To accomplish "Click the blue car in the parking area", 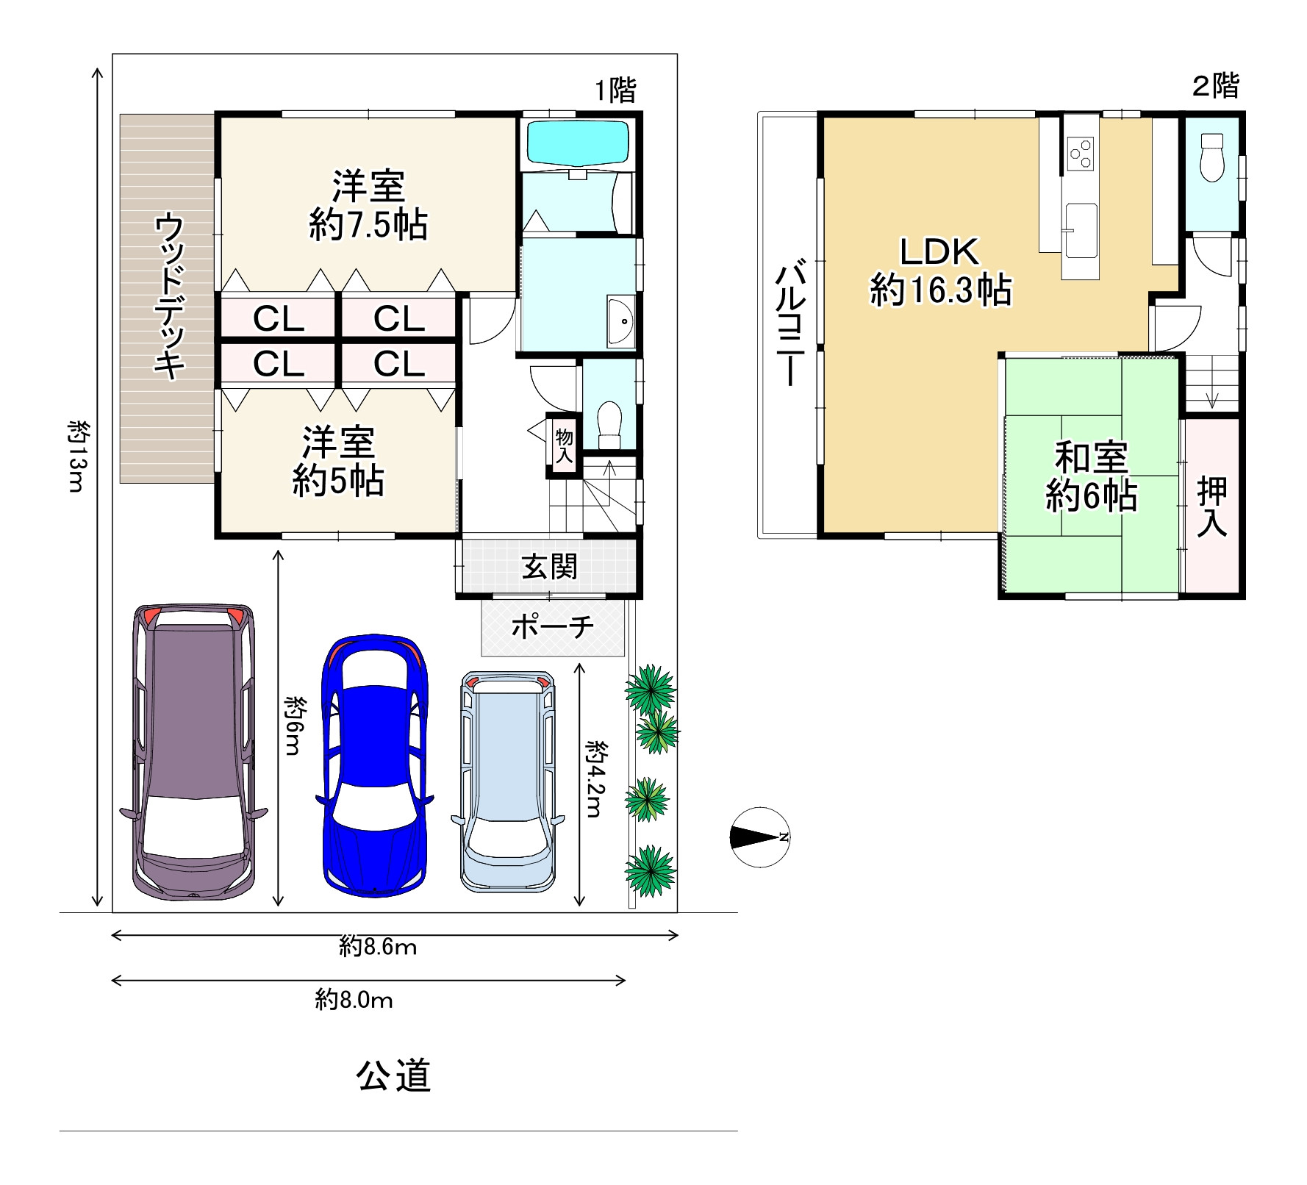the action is coord(375,765).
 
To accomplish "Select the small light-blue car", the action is coord(508,780).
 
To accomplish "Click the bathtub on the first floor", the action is coord(579,144).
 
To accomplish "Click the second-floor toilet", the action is coord(1210,157).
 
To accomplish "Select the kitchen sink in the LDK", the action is coord(1081,230).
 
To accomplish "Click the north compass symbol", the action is coord(759,837).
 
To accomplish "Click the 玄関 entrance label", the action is coord(549,567).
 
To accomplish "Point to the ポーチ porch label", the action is coord(552,627).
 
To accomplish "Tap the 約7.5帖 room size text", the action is coord(368,225).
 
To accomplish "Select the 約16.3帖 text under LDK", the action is coord(941,290).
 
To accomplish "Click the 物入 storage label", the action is coord(564,446).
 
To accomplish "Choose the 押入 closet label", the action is coord(1211,507).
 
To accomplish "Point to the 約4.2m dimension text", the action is coord(595,779).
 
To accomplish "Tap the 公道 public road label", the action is coord(393,1075).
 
